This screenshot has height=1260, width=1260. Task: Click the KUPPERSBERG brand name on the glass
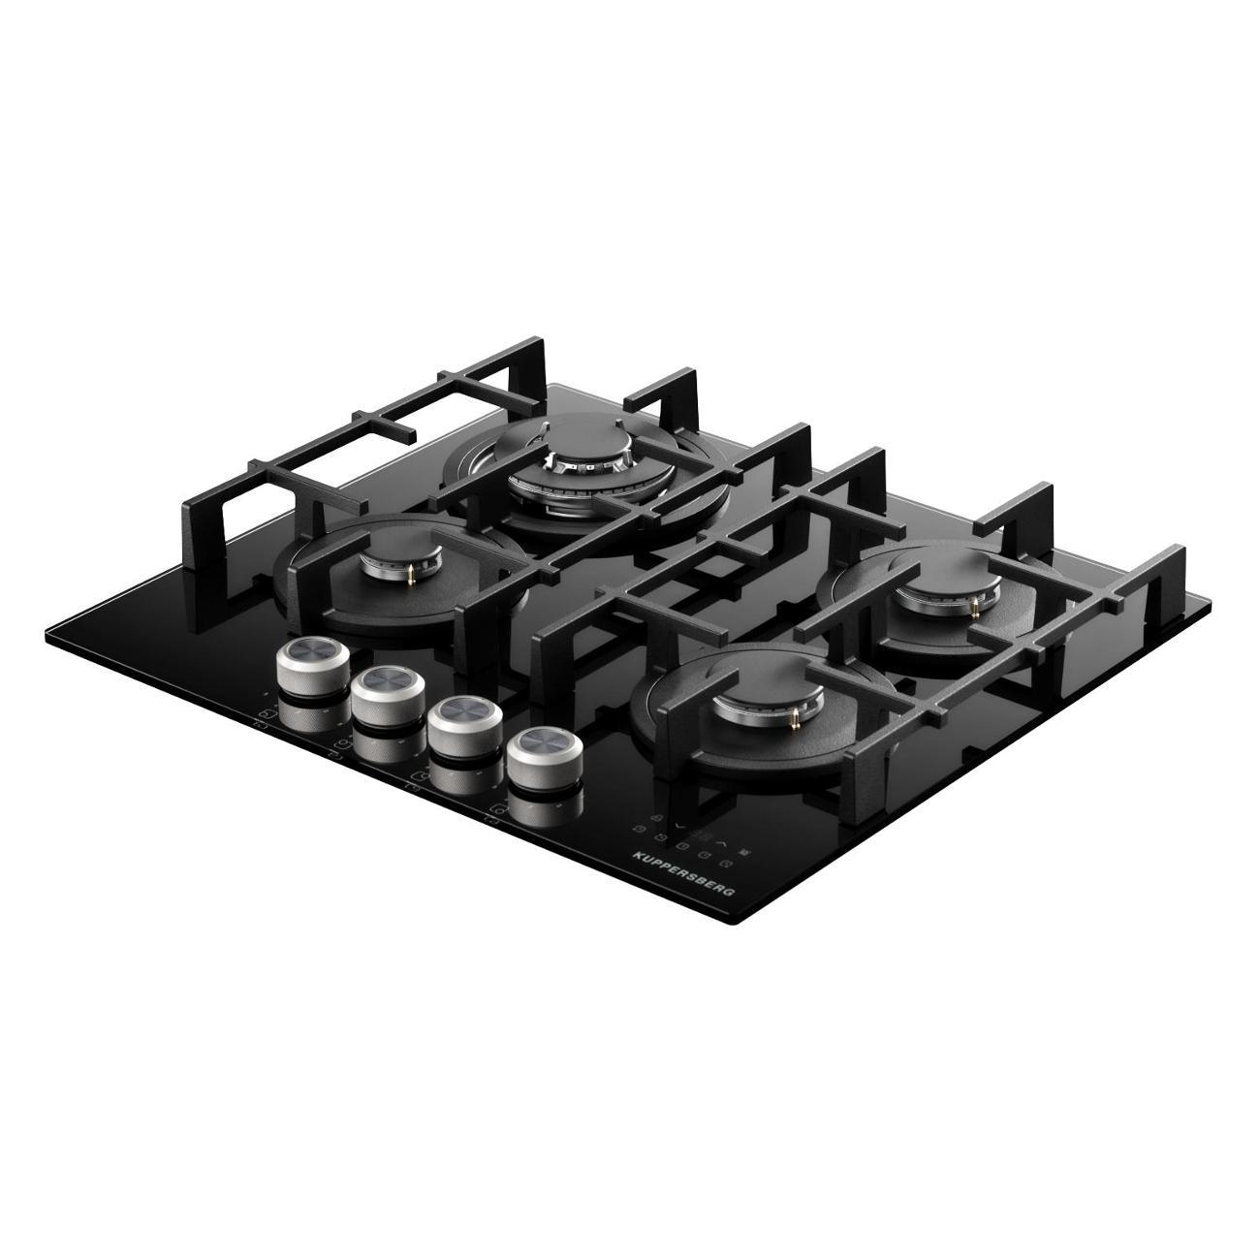(x=684, y=873)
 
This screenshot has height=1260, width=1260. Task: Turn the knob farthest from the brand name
(x=312, y=666)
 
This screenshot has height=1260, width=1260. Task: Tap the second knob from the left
(x=388, y=696)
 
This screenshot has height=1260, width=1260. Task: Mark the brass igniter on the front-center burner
(x=796, y=719)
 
